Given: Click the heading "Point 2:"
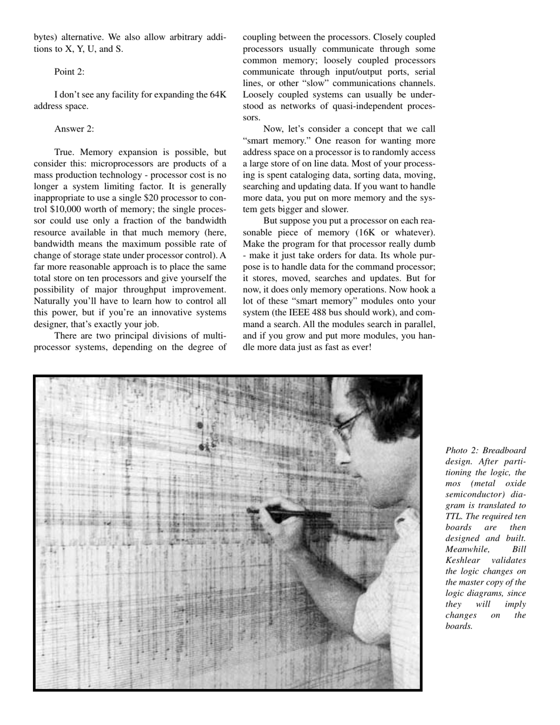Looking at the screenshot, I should pos(69,71).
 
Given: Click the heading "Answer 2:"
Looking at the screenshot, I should pos(74,128).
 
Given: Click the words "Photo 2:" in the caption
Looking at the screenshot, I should pos(462,450).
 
